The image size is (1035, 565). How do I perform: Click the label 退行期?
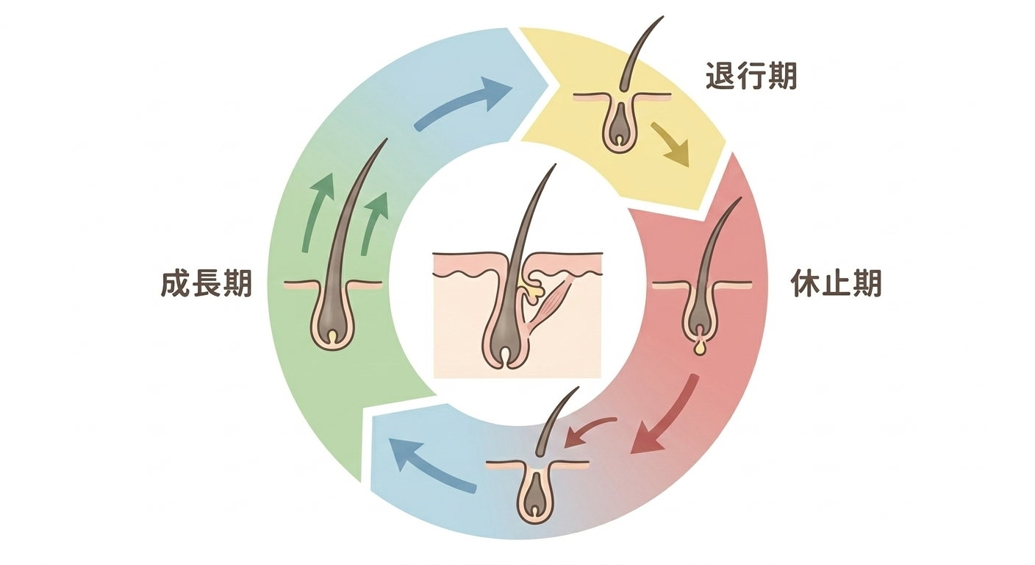pos(751,77)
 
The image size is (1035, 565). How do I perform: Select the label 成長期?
pos(207,284)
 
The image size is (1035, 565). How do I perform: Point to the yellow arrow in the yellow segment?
pos(670,144)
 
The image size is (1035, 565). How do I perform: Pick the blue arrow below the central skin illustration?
pos(430,463)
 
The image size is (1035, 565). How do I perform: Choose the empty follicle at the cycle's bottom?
pos(538,493)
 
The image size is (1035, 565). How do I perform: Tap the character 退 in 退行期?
pos(720,77)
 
